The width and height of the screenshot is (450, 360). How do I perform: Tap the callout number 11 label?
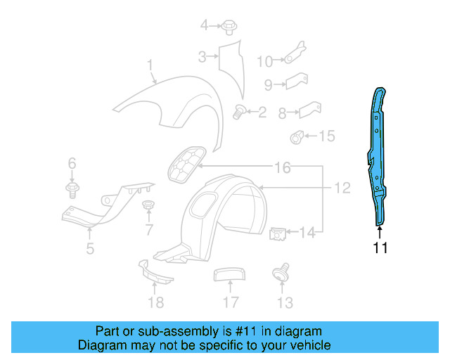[380, 247]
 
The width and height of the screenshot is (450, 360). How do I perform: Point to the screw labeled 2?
[238, 111]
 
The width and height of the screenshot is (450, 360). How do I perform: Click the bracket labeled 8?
[309, 110]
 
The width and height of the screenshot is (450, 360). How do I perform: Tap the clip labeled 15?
[298, 136]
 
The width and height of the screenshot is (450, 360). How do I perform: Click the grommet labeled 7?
[148, 205]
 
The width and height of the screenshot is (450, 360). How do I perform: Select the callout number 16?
[282, 168]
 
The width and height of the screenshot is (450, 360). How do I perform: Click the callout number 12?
[342, 188]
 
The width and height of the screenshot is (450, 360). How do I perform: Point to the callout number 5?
[90, 247]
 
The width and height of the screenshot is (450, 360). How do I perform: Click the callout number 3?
[202, 57]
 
